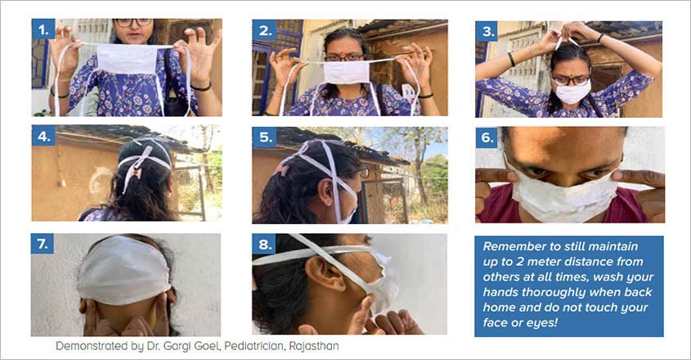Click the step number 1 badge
[x=43, y=29]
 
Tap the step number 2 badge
[x=265, y=30]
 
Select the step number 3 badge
[x=487, y=31]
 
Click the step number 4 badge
[x=43, y=136]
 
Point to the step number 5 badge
[x=264, y=137]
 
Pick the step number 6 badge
[x=487, y=137]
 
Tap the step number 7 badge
[x=43, y=244]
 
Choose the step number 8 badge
[x=264, y=245]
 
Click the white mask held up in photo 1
[x=127, y=58]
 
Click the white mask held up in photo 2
[x=347, y=72]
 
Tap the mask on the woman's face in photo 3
[x=572, y=92]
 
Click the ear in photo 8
[x=326, y=274]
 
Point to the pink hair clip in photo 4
[x=137, y=169]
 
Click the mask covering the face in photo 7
[x=123, y=270]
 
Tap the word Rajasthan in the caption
[x=314, y=346]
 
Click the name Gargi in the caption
[x=177, y=346]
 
